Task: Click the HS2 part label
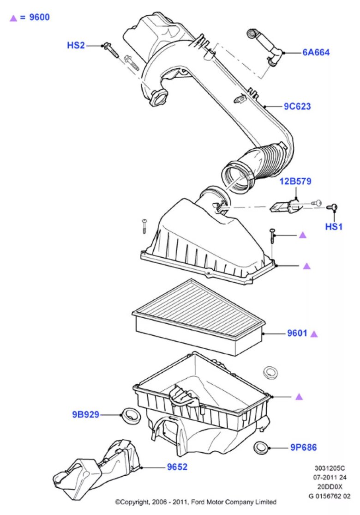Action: tap(76, 45)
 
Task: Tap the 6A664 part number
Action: tap(316, 53)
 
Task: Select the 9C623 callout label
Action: tap(297, 106)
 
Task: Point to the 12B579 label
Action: tap(295, 182)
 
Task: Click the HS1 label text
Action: tap(334, 227)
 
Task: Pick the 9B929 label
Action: tap(85, 414)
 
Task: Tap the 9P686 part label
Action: tap(303, 447)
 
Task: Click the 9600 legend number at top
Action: tap(39, 18)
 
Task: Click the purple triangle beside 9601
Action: tap(314, 333)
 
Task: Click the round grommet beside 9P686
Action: tap(262, 447)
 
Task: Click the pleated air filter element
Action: tap(198, 314)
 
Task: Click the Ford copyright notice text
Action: tap(196, 502)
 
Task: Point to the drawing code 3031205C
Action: tap(329, 467)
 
